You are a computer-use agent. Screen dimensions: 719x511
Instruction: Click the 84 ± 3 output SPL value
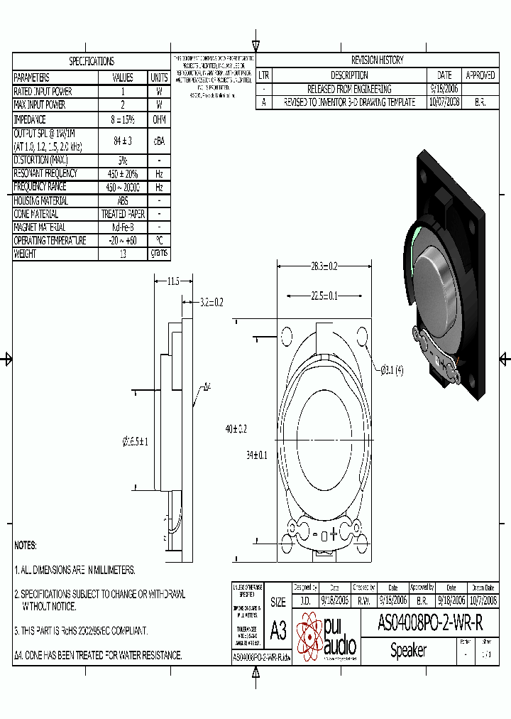click(x=123, y=140)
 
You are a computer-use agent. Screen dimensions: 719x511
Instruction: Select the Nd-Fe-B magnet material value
click(x=123, y=227)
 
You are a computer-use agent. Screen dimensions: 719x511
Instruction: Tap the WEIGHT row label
click(x=26, y=254)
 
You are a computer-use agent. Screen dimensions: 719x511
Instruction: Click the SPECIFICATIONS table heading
click(x=91, y=61)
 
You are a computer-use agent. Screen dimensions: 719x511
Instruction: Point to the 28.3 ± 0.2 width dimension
click(x=323, y=266)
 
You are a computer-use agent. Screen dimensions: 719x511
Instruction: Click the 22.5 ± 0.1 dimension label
click(x=323, y=296)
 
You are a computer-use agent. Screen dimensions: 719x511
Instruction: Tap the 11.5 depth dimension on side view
click(x=172, y=281)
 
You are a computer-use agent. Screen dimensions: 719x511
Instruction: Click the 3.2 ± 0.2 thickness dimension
click(x=211, y=302)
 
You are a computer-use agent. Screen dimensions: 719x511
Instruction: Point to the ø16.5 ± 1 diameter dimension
click(x=135, y=442)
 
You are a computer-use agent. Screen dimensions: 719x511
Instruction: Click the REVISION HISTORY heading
click(x=377, y=60)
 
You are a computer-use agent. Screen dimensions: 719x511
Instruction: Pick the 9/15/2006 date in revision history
click(x=444, y=89)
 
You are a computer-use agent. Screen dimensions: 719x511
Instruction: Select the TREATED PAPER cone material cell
click(x=123, y=214)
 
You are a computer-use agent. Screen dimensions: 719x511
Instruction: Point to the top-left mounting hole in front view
click(x=287, y=336)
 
